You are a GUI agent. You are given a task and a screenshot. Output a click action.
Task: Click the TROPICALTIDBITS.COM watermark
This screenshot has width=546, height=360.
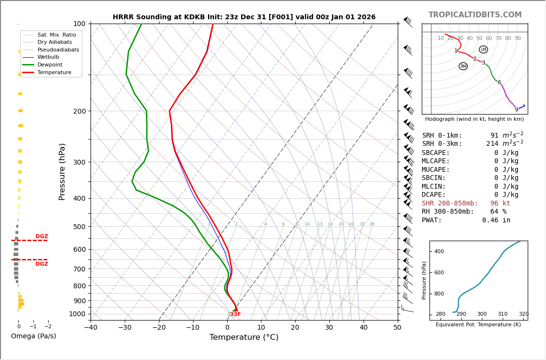[475, 15]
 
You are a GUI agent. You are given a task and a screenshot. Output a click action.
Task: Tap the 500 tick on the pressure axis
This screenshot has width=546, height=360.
[79, 227]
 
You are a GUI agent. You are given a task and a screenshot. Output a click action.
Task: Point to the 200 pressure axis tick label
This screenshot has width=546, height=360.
[79, 111]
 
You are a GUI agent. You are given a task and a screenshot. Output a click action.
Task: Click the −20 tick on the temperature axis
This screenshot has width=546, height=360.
[159, 328]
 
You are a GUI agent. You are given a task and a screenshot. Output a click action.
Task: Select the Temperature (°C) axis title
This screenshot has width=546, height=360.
[244, 337]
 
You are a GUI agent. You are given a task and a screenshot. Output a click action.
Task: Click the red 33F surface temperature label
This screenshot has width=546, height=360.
[234, 314]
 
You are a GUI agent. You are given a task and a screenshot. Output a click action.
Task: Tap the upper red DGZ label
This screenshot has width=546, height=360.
[41, 236]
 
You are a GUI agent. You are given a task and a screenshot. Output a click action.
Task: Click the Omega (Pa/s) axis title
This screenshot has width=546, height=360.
[33, 336]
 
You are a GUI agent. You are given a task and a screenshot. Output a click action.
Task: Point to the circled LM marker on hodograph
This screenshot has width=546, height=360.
[483, 50]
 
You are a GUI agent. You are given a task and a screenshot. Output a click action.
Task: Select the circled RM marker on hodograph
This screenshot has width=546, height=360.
[463, 66]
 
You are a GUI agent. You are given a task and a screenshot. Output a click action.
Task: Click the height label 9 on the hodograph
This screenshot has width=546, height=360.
[516, 110]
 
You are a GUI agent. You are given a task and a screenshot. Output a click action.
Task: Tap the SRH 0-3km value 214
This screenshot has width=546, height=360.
[492, 144]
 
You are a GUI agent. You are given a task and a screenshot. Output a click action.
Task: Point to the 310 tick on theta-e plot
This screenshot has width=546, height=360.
[503, 314]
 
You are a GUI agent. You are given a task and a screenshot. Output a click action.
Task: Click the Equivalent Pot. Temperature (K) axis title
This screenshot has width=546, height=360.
[478, 325]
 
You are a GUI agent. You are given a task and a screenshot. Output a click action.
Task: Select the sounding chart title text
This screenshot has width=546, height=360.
[244, 17]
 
